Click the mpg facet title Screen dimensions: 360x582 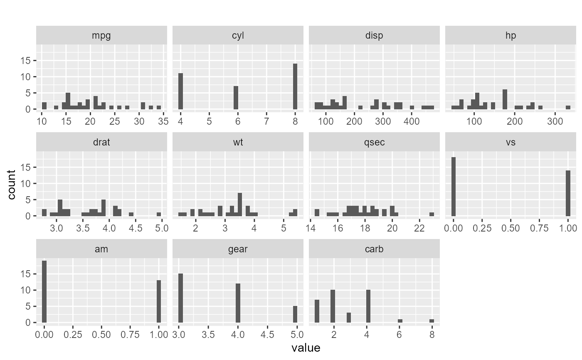(101, 35)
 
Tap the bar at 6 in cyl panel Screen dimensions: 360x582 (236, 98)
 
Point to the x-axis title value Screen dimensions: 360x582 (306, 348)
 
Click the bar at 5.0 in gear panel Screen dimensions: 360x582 (295, 314)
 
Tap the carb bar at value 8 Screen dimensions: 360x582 (432, 321)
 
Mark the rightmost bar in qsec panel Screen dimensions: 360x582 (432, 214)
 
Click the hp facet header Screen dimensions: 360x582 (510, 35)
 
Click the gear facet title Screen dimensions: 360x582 (238, 249)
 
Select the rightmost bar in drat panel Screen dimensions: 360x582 (159, 214)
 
